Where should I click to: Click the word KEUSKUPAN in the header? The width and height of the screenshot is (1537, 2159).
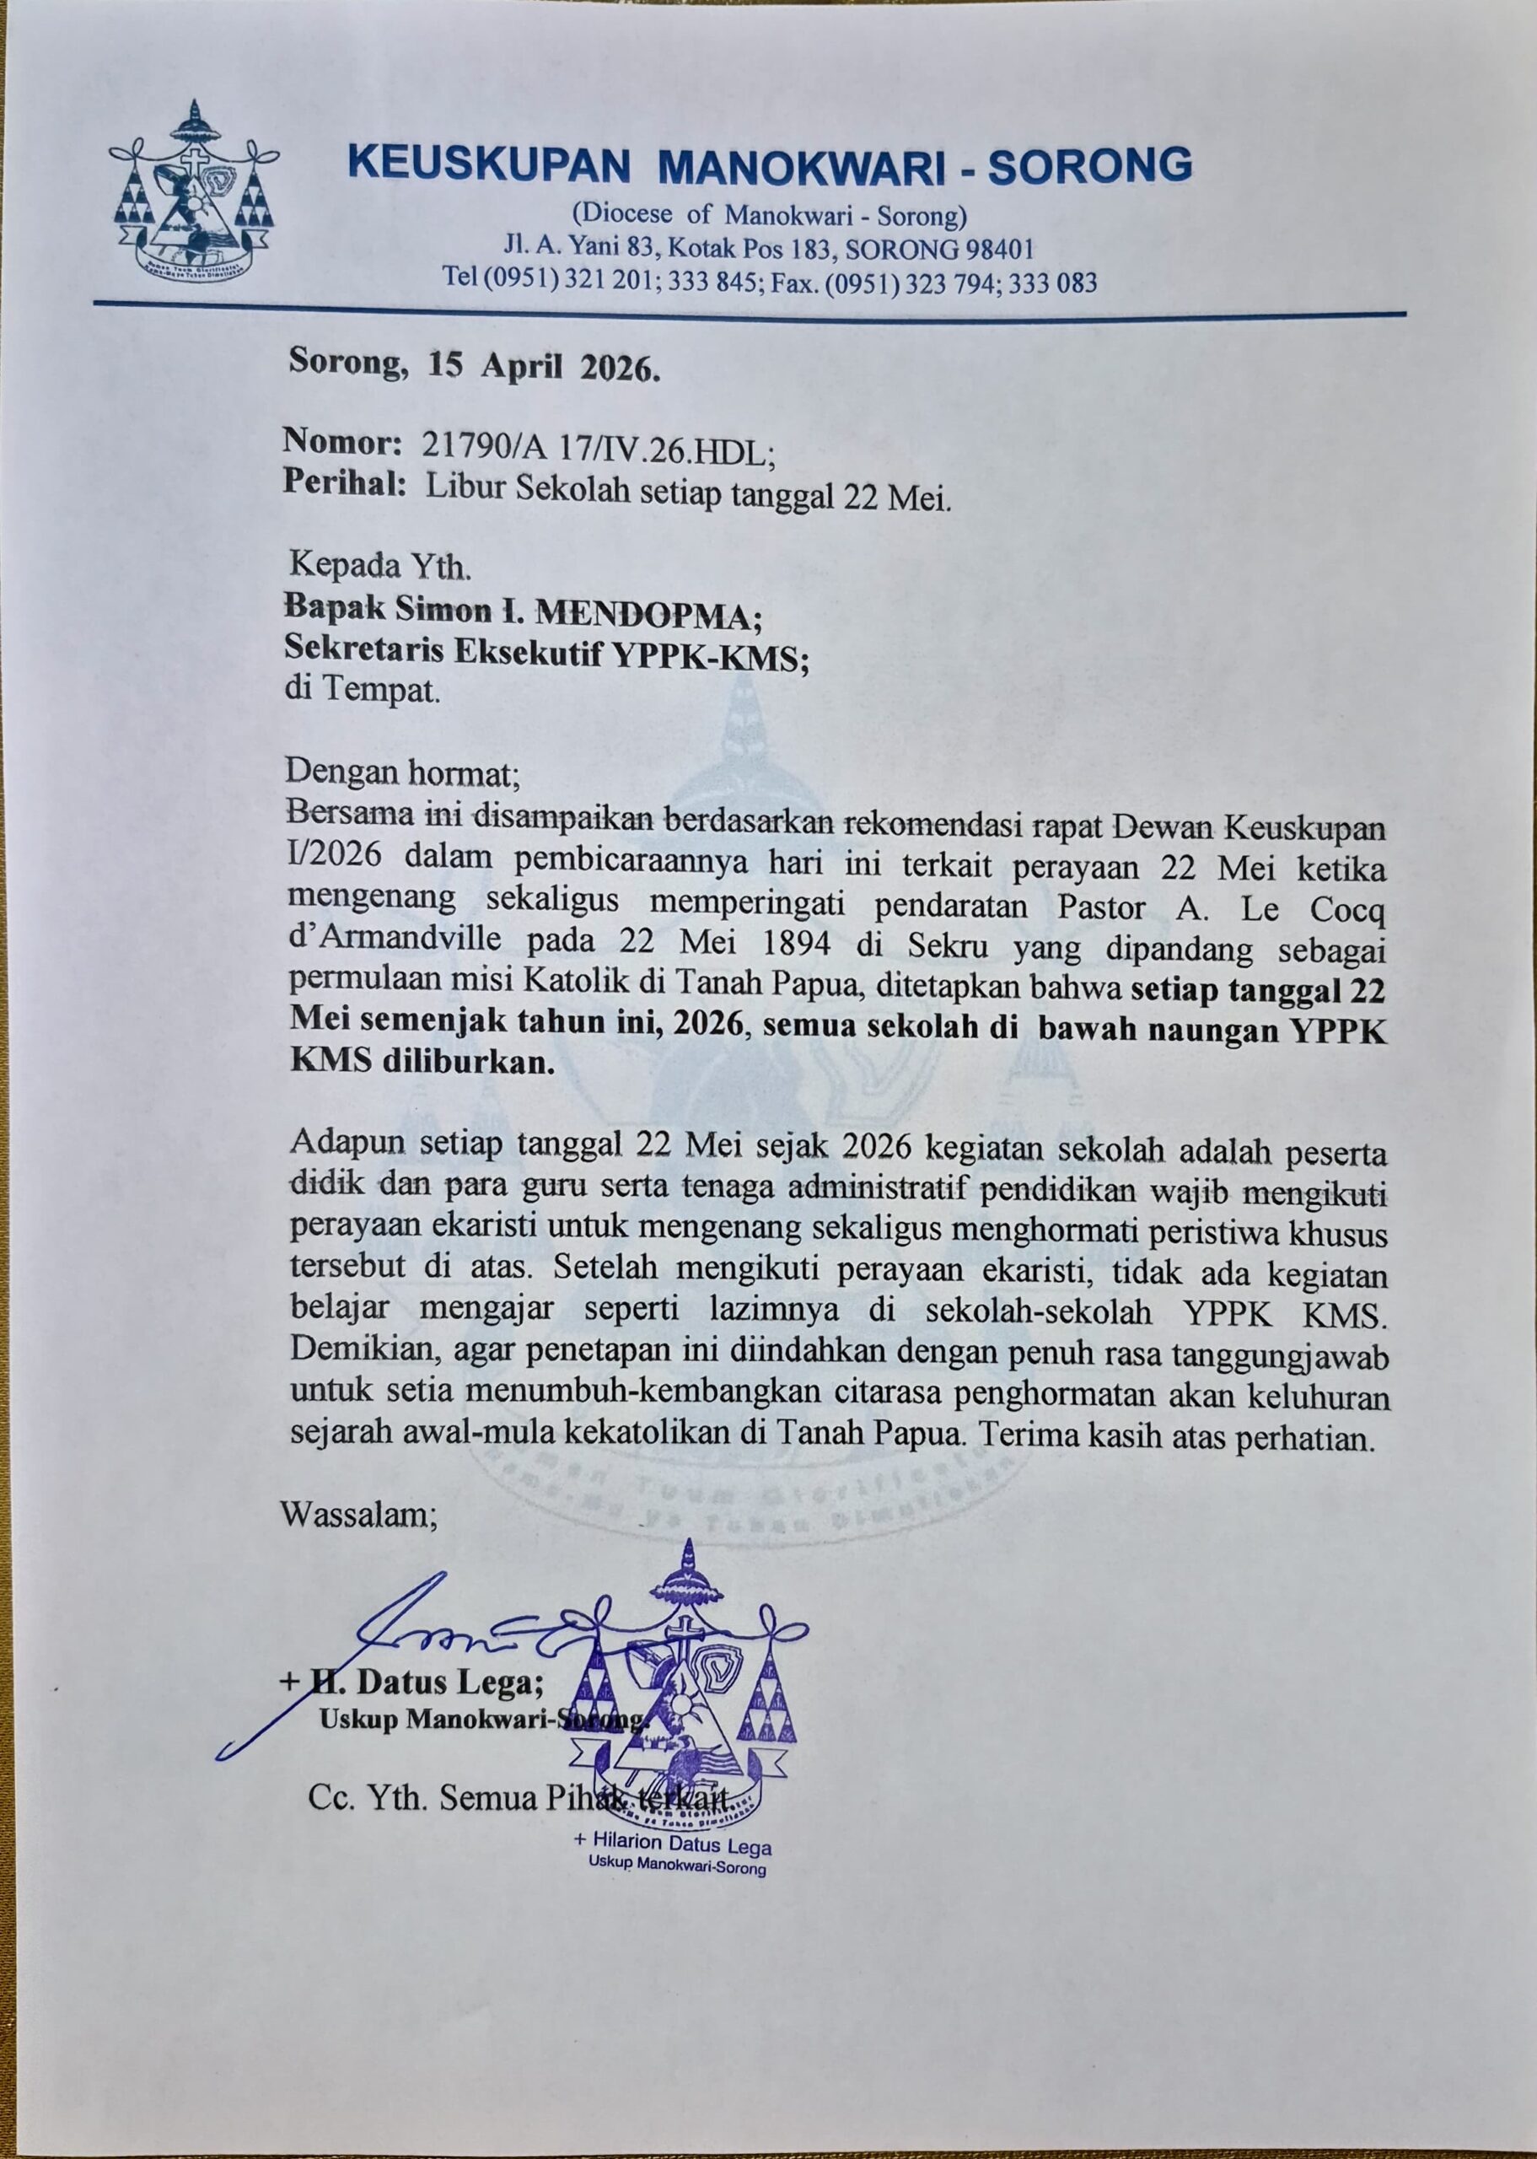[488, 164]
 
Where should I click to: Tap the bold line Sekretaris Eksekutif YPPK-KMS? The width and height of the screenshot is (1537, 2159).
[546, 653]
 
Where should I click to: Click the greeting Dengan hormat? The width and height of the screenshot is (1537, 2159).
[403, 773]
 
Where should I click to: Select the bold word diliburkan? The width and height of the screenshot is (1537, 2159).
[468, 1061]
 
